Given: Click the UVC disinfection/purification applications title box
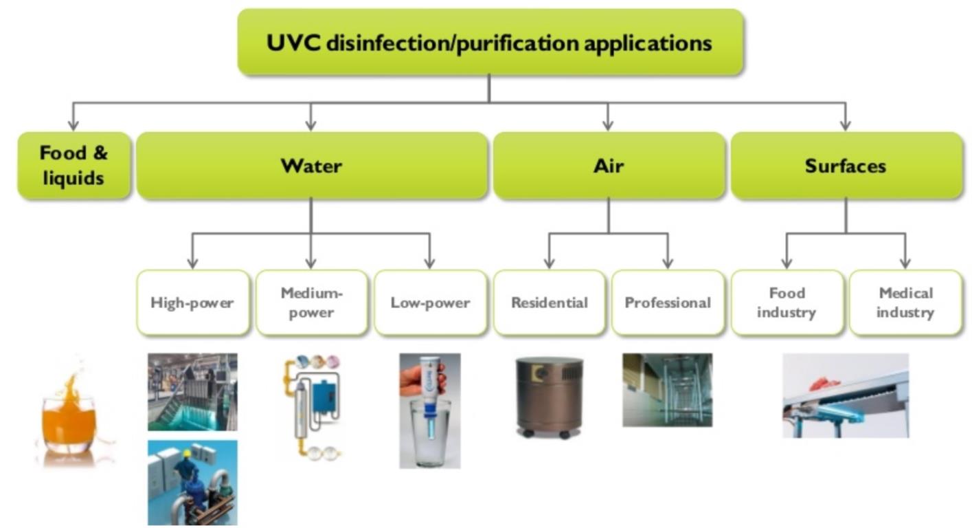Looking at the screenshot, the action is click(490, 42).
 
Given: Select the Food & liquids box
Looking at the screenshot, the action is click(74, 166).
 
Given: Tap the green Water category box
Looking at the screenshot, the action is click(312, 166).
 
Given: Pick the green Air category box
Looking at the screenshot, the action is click(609, 166).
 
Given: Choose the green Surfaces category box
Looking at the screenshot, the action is click(846, 166).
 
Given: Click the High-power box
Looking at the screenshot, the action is click(193, 302).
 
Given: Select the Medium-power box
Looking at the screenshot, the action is click(312, 302).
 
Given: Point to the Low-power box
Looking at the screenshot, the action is click(431, 302).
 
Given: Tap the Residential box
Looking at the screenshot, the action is click(550, 302).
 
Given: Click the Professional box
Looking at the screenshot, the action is click(668, 302).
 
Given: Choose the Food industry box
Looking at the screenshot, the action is click(787, 302).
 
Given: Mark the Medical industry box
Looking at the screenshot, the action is click(905, 302).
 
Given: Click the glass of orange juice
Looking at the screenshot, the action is click(69, 419).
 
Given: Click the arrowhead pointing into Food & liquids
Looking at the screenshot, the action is click(74, 125).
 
